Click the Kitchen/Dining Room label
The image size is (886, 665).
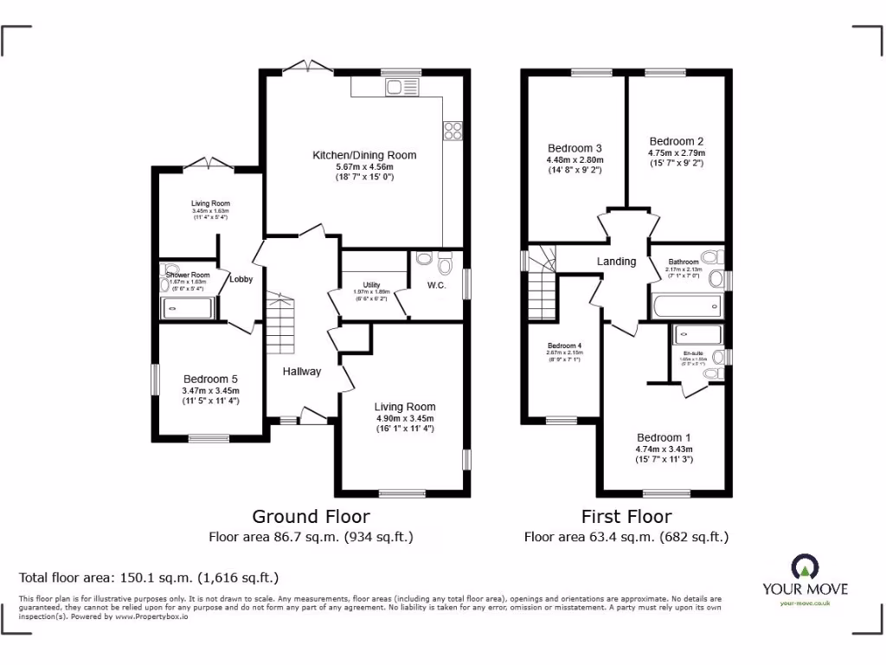pos(364,156)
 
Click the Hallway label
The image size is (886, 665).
pos(302,371)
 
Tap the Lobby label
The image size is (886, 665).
pos(241,280)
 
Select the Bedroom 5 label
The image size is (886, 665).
pos(210,379)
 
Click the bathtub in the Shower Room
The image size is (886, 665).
pos(187,307)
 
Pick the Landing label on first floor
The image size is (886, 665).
pos(616,261)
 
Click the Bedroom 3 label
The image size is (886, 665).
pos(575,148)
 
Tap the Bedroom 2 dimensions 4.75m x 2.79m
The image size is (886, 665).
pos(677,153)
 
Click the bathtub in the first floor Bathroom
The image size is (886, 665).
pos(687,306)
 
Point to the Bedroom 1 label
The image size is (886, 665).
pos(664,437)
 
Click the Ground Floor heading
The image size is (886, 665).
pos(311,517)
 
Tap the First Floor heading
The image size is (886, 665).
pos(626,517)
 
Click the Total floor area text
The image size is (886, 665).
pos(149,577)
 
